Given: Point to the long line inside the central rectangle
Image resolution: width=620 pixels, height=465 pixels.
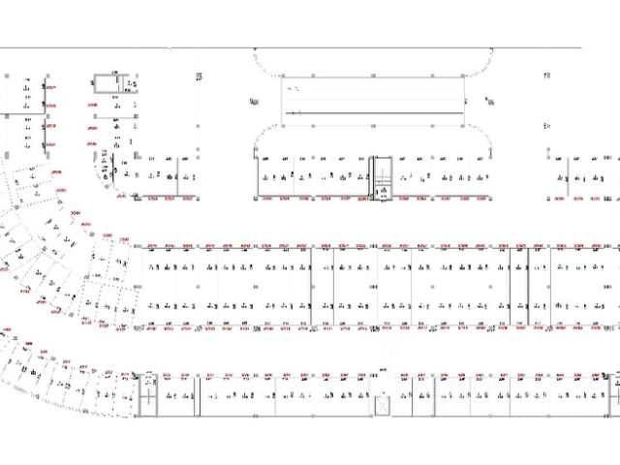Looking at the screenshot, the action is tap(373, 113).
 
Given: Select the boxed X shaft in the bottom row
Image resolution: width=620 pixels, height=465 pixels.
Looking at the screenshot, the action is tap(384, 403).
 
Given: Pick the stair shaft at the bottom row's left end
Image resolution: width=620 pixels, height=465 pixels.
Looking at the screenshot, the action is tap(149, 392).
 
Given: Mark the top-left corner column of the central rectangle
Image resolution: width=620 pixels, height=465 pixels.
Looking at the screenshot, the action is tap(282, 76).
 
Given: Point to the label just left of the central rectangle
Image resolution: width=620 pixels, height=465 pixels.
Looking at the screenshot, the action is tap(254, 100).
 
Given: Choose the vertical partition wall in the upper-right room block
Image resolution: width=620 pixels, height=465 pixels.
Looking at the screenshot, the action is tap(569, 174).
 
